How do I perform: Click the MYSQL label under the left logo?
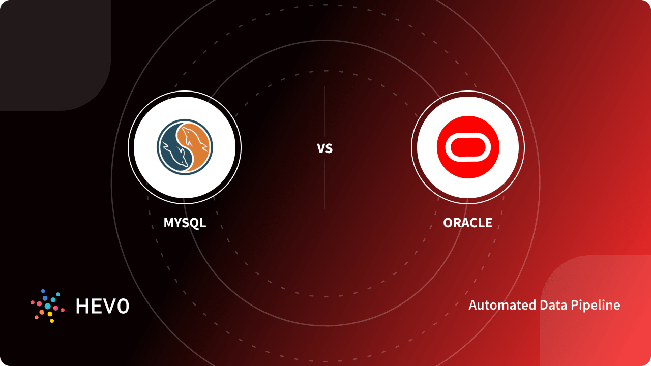185,223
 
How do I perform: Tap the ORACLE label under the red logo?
467,223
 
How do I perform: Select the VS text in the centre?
325,148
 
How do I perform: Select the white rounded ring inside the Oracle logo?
468,148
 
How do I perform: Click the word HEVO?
102,306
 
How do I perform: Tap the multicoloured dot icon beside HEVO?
47,306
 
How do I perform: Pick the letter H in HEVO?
82,306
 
